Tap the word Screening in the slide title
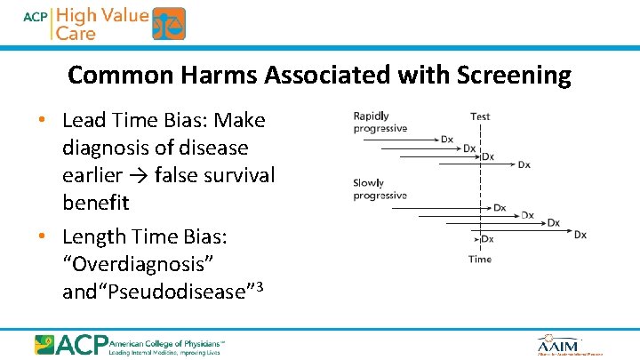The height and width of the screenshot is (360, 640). pyautogui.click(x=514, y=76)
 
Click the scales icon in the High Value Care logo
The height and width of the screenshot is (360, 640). pyautogui.click(x=168, y=24)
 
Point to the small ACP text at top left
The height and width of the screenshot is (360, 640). pyautogui.click(x=36, y=16)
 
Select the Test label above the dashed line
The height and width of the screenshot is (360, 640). pyautogui.click(x=480, y=116)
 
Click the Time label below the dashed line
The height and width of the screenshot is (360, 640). pyautogui.click(x=479, y=260)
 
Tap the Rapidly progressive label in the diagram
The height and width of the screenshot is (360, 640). pyautogui.click(x=380, y=123)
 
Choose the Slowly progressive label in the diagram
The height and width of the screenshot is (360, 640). pyautogui.click(x=380, y=189)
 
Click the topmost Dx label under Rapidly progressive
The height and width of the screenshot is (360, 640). pyautogui.click(x=447, y=140)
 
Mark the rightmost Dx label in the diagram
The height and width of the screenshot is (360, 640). pyautogui.click(x=580, y=235)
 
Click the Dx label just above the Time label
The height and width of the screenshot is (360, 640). pyautogui.click(x=487, y=239)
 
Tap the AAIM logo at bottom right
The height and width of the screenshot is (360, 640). pyautogui.click(x=558, y=345)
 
